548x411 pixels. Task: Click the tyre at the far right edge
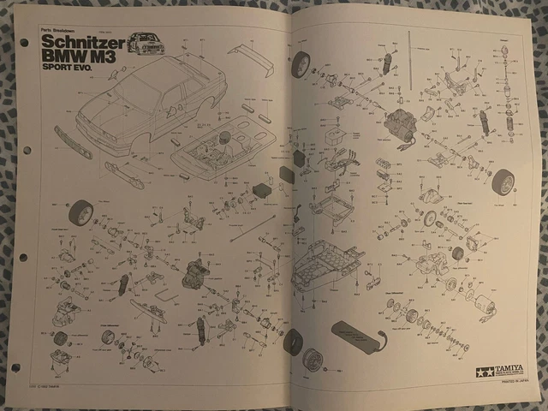tap(503, 182)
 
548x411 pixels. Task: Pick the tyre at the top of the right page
tap(301, 63)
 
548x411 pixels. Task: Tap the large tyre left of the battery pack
tap(293, 342)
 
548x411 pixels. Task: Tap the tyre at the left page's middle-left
tap(80, 212)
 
